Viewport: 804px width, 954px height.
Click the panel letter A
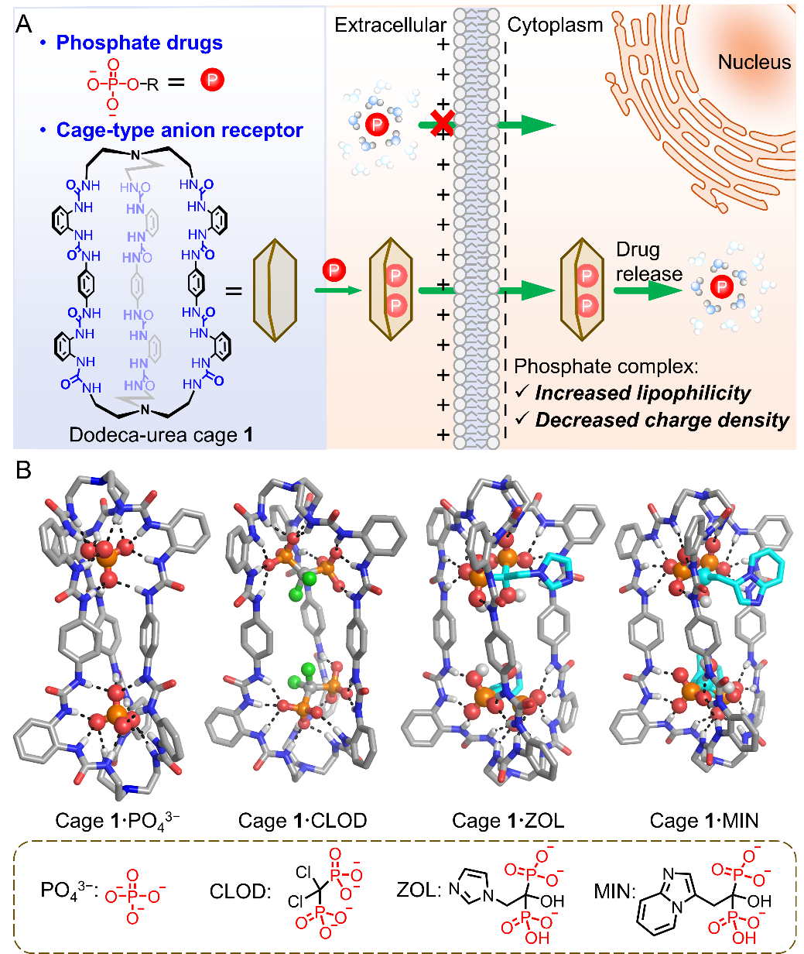click(x=24, y=23)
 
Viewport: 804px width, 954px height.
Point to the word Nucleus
click(x=754, y=63)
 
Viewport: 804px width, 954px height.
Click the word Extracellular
click(x=390, y=25)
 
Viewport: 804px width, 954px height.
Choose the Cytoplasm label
click(x=555, y=25)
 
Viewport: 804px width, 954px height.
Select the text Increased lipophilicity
click(x=642, y=393)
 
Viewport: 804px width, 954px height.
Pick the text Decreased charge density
click(x=662, y=420)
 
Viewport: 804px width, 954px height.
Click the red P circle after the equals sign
click(x=211, y=81)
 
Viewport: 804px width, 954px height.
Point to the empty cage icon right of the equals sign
click(x=275, y=290)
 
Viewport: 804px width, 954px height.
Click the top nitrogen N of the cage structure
click(x=135, y=156)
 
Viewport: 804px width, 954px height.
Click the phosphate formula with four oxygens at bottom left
click(x=131, y=899)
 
